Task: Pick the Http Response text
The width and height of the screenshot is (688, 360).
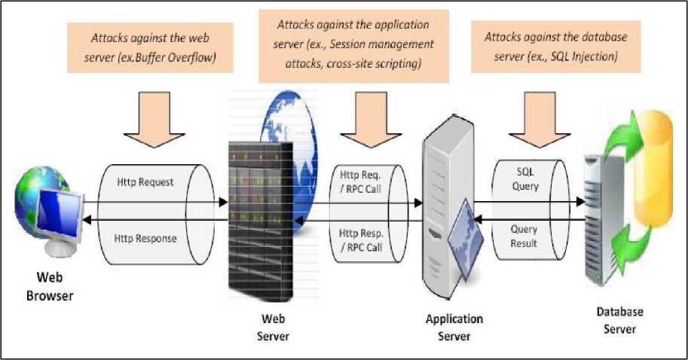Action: pyautogui.click(x=146, y=239)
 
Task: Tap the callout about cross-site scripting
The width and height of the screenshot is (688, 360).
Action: pyautogui.click(x=353, y=45)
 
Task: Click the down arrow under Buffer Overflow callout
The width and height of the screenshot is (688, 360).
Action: pyautogui.click(x=154, y=119)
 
